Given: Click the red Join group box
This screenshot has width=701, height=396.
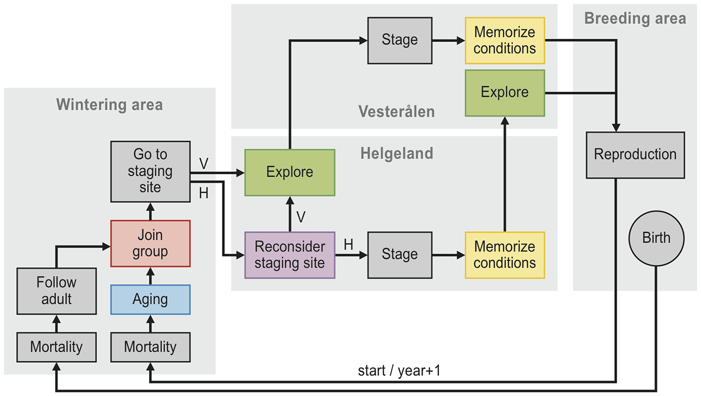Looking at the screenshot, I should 150,243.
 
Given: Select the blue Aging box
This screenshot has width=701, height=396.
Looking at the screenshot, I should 150,300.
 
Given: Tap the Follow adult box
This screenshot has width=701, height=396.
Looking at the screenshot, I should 57,291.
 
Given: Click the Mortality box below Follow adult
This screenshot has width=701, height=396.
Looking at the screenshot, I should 57,347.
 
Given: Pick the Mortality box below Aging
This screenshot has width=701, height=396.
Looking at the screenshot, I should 150,347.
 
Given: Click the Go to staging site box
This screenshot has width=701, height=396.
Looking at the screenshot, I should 150,171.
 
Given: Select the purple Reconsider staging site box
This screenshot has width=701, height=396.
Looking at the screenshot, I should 290,255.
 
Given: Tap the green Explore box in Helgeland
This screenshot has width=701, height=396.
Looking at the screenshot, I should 290,172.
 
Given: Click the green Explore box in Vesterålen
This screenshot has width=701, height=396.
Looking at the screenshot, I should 505,93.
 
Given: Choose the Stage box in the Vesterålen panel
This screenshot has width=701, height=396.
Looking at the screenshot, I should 400,40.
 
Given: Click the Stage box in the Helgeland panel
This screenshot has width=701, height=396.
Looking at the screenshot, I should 400,255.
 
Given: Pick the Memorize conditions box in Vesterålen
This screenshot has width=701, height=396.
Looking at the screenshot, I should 505,40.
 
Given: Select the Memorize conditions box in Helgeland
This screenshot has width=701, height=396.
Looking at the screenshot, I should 505,255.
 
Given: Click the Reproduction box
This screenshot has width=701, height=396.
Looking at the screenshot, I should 635,155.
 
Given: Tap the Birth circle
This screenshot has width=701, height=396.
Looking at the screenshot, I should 656,238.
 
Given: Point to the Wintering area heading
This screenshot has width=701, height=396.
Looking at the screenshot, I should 110,105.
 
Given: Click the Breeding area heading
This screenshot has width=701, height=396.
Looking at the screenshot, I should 635,19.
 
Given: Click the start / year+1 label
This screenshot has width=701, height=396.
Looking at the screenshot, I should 399,371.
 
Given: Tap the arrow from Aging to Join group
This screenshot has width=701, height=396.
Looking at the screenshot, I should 150,276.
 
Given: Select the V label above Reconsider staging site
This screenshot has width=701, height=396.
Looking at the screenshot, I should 301,217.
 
